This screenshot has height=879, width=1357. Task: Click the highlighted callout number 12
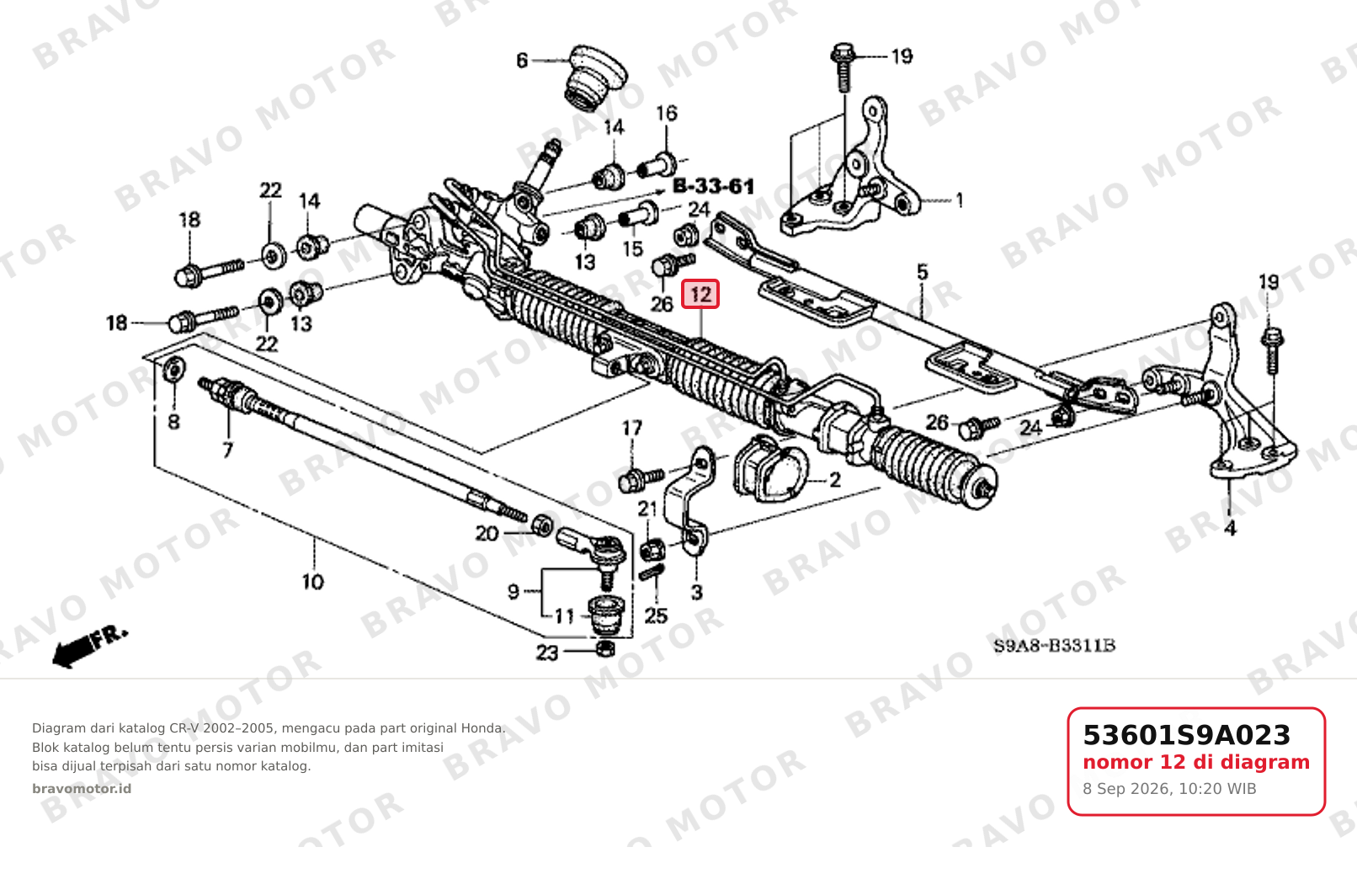(700, 295)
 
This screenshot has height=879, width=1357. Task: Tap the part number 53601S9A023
(1186, 735)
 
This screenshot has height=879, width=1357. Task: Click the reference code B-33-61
(714, 186)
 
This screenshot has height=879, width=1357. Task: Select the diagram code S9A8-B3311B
(1054, 646)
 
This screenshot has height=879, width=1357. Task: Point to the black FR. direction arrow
(90, 647)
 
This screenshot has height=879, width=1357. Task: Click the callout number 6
(522, 61)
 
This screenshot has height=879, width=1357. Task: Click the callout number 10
(312, 582)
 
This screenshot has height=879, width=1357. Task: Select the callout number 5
(922, 272)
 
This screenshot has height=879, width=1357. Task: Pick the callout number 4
(1230, 529)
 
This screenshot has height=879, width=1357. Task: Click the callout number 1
(959, 200)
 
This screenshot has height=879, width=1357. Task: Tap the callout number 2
(835, 481)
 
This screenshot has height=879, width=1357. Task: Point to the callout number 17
(632, 429)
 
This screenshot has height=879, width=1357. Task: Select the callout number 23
(547, 653)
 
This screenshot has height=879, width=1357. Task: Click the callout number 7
(227, 450)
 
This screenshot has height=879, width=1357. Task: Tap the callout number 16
(667, 114)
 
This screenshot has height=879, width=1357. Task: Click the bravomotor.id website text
(82, 789)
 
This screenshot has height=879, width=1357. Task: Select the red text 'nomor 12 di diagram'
(1196, 762)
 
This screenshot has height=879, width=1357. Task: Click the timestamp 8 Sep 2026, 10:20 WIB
(1170, 789)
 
